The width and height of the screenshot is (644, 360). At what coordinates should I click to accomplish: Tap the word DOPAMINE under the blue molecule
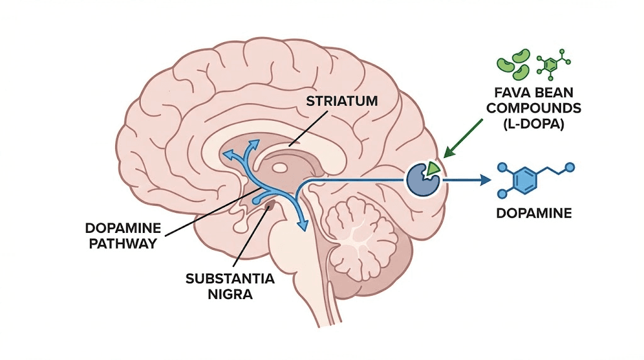point(533,213)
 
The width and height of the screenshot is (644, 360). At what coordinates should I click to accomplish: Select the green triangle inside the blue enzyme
point(433,168)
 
